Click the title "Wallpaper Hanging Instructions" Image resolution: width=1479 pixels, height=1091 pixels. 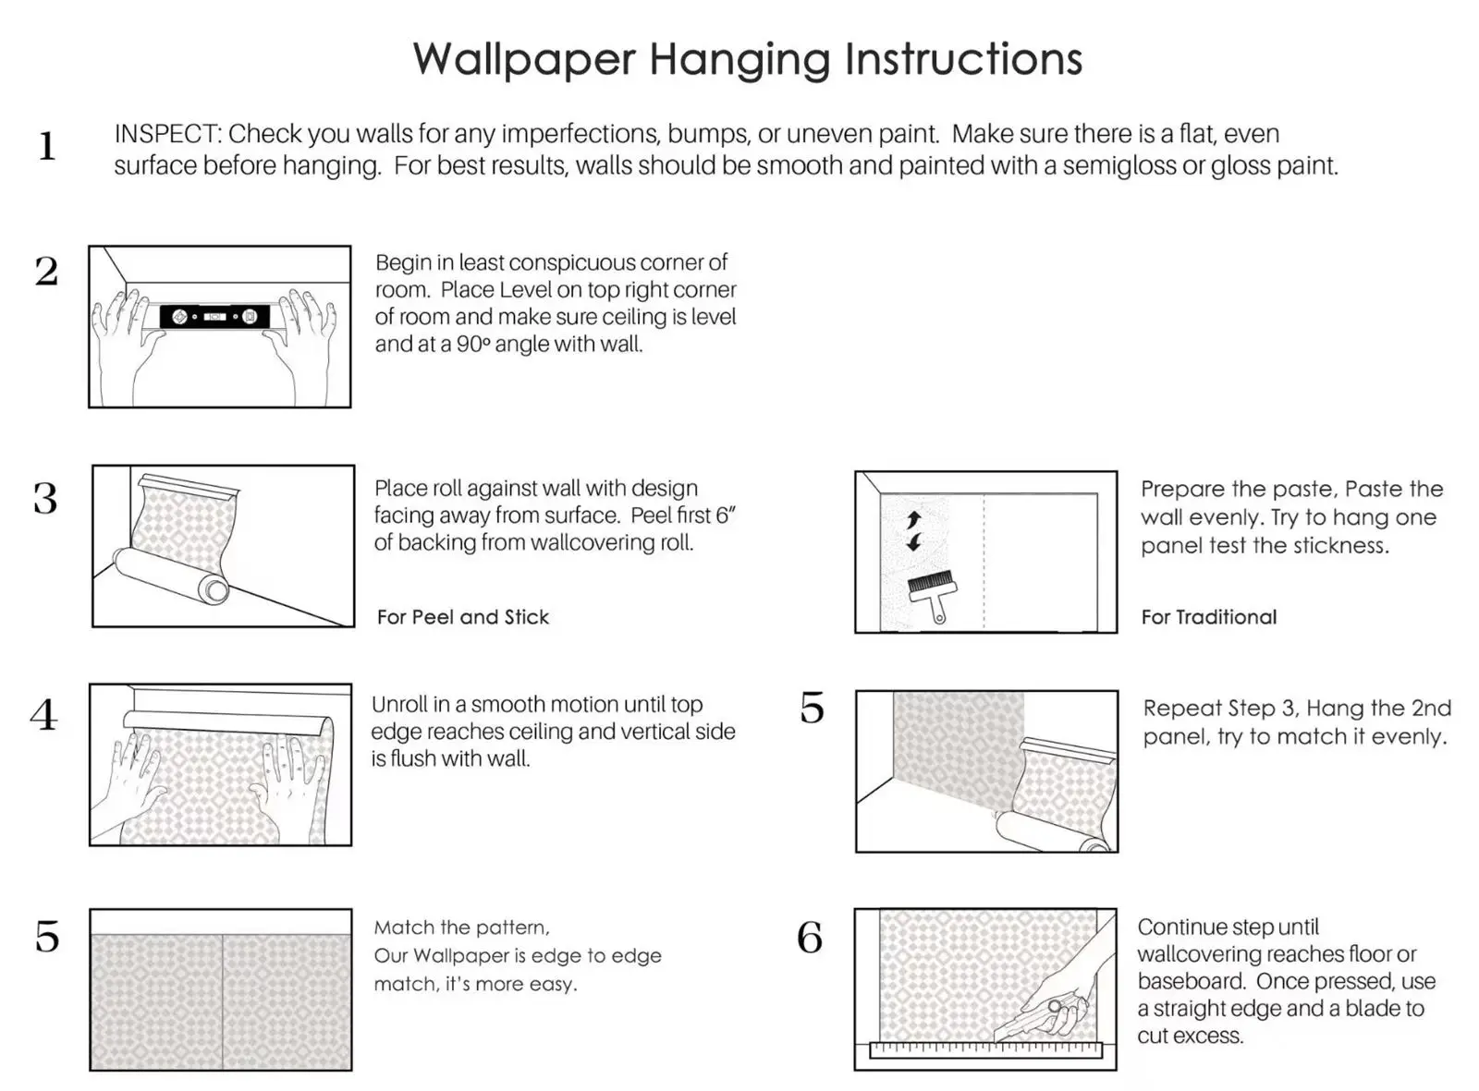[x=747, y=59]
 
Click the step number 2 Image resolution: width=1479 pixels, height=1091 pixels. [x=46, y=272]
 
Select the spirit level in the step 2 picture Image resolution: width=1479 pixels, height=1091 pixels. [x=214, y=317]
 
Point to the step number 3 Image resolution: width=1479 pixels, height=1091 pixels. [x=45, y=499]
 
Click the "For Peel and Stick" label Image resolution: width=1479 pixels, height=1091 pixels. [x=462, y=617]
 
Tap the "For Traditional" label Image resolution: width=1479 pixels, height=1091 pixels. [x=1208, y=617]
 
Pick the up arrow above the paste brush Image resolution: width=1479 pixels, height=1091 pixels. [x=914, y=519]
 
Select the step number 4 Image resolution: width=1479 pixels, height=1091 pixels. [x=43, y=715]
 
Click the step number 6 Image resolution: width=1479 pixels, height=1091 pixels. [x=810, y=938]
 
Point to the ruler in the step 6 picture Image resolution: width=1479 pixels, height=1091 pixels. [x=986, y=1050]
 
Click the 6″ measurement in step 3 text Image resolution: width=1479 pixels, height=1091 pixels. [x=726, y=515]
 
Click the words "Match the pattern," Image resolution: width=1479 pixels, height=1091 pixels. [x=461, y=927]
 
